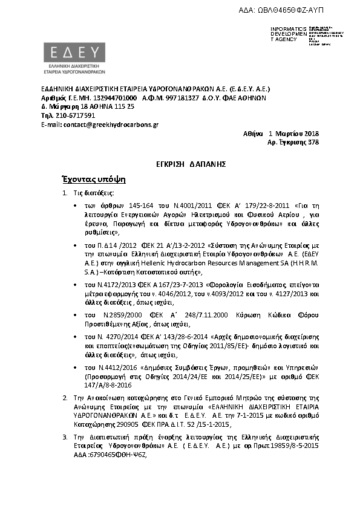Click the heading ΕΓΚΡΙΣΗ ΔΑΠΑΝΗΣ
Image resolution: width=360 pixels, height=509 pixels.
coord(180,164)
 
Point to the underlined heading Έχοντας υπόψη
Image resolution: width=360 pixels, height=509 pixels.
coord(93,180)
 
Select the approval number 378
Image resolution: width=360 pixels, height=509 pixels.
coord(313,143)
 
